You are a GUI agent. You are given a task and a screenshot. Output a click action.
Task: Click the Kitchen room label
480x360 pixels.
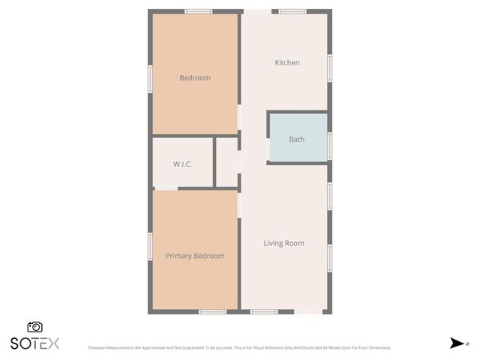[286, 63]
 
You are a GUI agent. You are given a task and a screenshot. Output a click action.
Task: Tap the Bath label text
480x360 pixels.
[297, 139]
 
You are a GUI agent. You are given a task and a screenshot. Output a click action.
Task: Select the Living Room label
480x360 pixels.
[283, 243]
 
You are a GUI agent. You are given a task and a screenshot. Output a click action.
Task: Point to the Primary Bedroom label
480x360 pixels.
[195, 256]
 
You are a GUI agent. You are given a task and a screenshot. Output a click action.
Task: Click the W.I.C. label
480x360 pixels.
[183, 163]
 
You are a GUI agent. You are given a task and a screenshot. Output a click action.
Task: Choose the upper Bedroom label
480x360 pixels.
[195, 78]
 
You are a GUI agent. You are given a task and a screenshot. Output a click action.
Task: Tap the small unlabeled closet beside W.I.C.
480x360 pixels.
[226, 162]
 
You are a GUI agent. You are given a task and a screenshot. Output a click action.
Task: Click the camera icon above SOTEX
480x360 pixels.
[34, 327]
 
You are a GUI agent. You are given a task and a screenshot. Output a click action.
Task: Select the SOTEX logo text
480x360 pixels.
[34, 343]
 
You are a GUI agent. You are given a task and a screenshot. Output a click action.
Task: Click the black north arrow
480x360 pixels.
[457, 343]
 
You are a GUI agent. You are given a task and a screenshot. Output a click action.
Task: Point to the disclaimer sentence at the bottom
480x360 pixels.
[239, 348]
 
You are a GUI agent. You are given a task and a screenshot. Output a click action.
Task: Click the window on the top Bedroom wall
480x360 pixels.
[199, 11]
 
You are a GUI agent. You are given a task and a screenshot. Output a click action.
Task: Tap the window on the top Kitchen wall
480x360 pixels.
[292, 11]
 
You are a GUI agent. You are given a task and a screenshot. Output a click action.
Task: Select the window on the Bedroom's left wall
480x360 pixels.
[150, 78]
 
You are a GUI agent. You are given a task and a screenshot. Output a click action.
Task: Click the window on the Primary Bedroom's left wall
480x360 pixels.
[150, 246]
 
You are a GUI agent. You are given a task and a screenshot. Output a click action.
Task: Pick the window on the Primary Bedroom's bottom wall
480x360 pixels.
[212, 311]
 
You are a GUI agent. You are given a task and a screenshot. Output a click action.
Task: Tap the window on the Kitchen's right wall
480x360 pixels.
[329, 67]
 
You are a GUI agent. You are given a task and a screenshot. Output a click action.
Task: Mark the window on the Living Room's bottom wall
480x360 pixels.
[264, 311]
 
